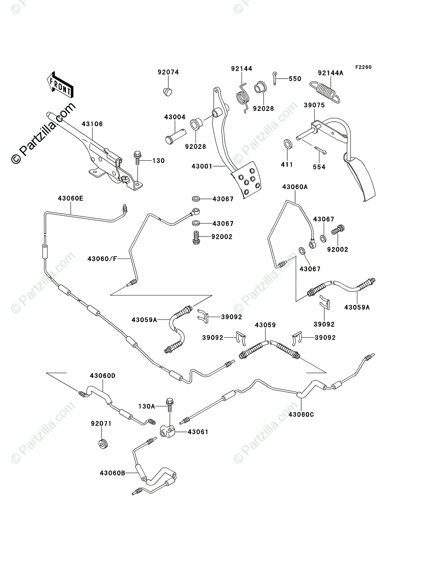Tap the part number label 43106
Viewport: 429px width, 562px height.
(92, 124)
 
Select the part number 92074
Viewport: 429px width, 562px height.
(168, 72)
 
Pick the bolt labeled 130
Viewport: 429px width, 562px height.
(138, 157)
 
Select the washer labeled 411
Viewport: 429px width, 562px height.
(288, 143)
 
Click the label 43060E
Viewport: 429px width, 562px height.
(71, 198)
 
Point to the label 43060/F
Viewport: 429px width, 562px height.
(102, 259)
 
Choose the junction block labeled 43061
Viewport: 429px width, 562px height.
(170, 432)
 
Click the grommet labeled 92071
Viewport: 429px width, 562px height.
(102, 443)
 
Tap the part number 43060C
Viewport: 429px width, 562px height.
(301, 414)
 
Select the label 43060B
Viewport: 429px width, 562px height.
(112, 473)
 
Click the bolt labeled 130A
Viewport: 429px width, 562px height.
(169, 403)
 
